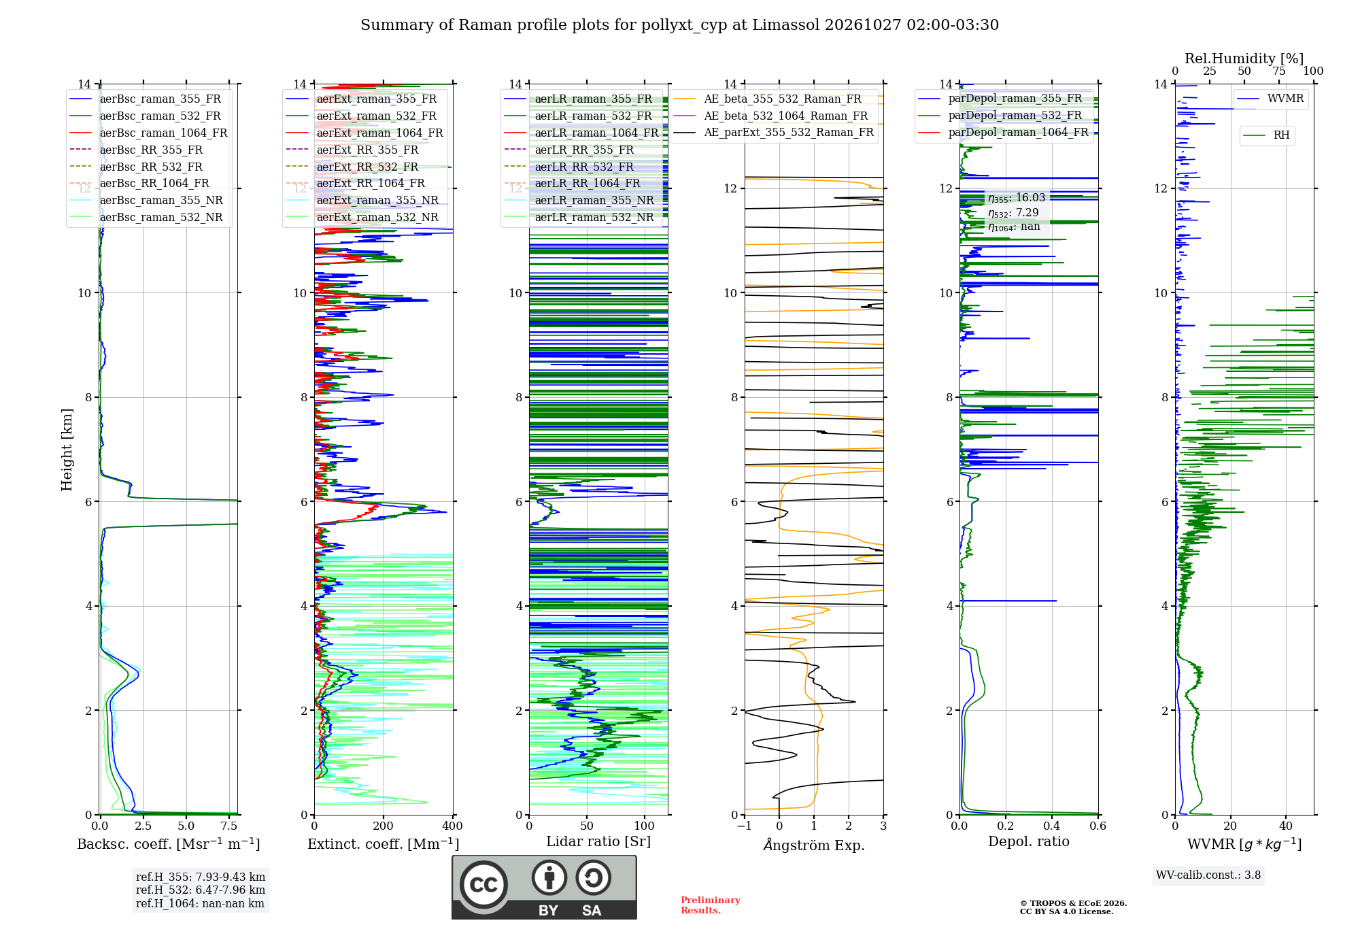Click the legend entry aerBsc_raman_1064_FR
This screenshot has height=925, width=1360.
(148, 133)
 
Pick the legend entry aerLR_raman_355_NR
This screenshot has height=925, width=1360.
(579, 201)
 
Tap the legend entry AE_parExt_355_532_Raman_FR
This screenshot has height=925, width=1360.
(774, 132)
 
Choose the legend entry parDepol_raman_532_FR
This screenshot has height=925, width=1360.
(1000, 116)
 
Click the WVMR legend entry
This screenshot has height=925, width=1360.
(1270, 99)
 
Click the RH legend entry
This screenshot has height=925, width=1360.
(1266, 135)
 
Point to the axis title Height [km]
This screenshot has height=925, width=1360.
(67, 450)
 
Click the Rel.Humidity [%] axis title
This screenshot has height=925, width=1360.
(1244, 58)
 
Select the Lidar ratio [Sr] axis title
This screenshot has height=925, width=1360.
(598, 841)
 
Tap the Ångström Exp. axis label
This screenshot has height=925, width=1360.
(814, 845)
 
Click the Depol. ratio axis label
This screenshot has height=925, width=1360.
(1029, 841)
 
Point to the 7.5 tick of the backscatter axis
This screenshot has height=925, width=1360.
(230, 826)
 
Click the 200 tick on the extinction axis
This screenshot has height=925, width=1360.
(384, 826)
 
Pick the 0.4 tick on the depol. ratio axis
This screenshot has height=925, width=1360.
(1052, 826)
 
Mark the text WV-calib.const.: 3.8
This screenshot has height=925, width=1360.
(1208, 875)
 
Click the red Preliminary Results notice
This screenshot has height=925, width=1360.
(711, 905)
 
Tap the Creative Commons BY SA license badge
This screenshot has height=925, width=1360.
(544, 888)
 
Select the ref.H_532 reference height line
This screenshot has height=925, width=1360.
(201, 890)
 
